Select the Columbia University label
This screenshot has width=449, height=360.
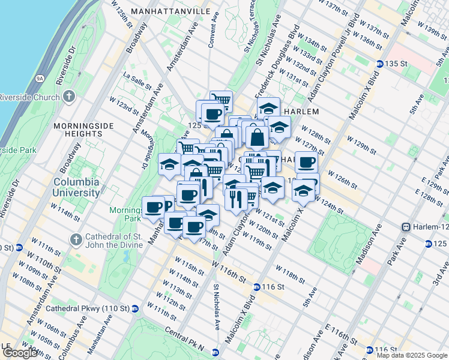(76, 187)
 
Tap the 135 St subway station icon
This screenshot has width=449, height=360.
(379, 64)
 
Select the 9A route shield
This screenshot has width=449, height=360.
(40, 78)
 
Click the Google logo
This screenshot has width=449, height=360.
(20, 353)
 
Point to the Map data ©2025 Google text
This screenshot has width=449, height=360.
(412, 355)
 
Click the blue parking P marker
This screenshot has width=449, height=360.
(167, 206)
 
